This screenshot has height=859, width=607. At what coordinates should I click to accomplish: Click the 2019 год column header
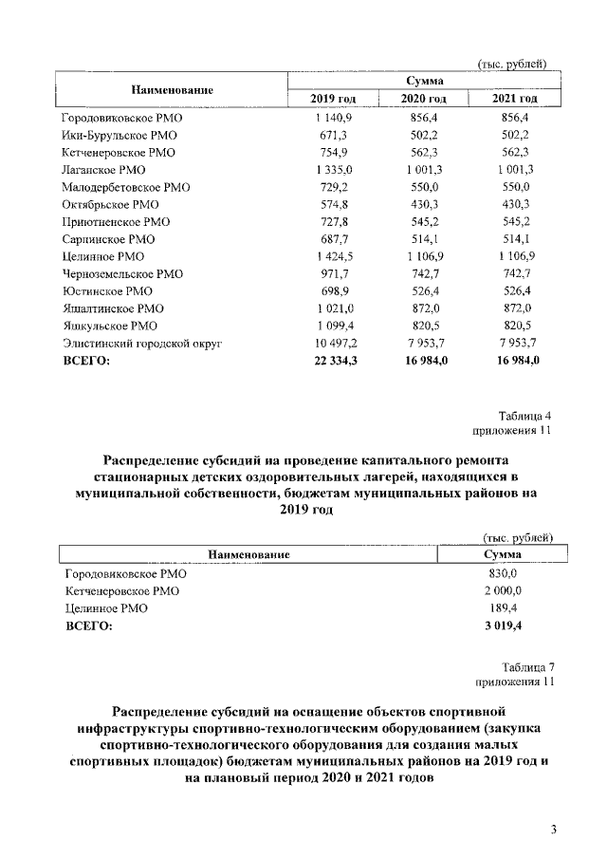(x=331, y=99)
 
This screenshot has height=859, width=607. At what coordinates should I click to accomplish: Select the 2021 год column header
(x=515, y=99)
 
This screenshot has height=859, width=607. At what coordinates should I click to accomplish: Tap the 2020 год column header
(x=423, y=99)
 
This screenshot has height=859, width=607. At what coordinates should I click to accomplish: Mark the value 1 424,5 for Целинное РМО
(x=331, y=256)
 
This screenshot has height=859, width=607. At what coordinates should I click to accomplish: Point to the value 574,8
(x=331, y=204)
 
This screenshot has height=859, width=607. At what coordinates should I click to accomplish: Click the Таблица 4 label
(x=524, y=416)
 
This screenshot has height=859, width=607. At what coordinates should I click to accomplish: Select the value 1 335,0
(x=331, y=169)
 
